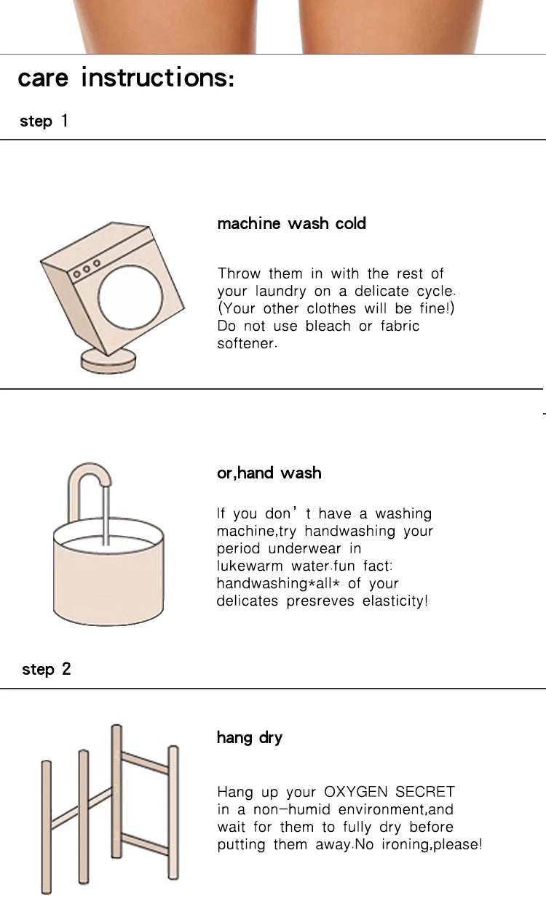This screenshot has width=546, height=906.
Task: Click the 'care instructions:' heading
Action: click(126, 77)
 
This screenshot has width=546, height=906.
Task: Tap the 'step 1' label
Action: click(44, 121)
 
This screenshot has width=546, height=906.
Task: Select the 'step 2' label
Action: click(46, 670)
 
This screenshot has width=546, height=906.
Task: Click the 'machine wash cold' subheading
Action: click(292, 223)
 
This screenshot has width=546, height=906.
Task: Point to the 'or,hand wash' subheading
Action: click(269, 473)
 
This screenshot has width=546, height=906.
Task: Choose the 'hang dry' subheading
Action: click(250, 738)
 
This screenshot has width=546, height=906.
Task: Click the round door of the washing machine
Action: click(130, 297)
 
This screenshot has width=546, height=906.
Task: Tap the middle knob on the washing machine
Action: click(87, 269)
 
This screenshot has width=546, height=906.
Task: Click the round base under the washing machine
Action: click(108, 361)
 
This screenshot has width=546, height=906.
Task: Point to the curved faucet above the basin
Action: click(88, 471)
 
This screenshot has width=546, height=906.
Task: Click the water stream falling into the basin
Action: click(106, 516)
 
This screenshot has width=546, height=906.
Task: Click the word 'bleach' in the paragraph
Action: click(328, 326)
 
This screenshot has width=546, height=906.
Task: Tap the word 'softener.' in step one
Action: click(247, 344)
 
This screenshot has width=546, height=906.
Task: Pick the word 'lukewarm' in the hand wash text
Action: click(250, 566)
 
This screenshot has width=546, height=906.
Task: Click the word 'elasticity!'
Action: click(395, 601)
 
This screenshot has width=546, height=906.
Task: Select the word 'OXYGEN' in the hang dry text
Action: click(356, 792)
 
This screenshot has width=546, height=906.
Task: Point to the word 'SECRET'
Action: click(425, 792)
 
